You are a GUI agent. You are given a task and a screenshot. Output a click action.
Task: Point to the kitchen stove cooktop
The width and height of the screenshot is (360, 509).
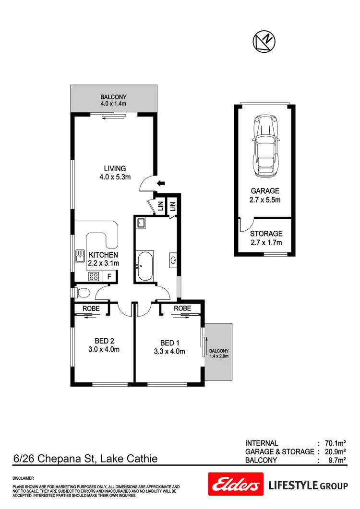coord(94,276)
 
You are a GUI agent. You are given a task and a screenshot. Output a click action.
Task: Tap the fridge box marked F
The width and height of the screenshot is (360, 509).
coord(109,276)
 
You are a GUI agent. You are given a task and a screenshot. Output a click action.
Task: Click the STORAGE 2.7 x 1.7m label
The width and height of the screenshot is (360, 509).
coord(266,238)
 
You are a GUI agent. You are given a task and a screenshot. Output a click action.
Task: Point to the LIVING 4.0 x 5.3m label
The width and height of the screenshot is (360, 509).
coord(115,172)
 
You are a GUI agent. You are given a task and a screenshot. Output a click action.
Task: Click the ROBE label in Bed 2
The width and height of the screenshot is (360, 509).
coord(91,308)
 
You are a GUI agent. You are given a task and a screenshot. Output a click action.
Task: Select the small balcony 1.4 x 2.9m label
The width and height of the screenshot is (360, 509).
coord(218,353)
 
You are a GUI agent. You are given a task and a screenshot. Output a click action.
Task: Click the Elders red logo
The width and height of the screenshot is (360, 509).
coord(236,485)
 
